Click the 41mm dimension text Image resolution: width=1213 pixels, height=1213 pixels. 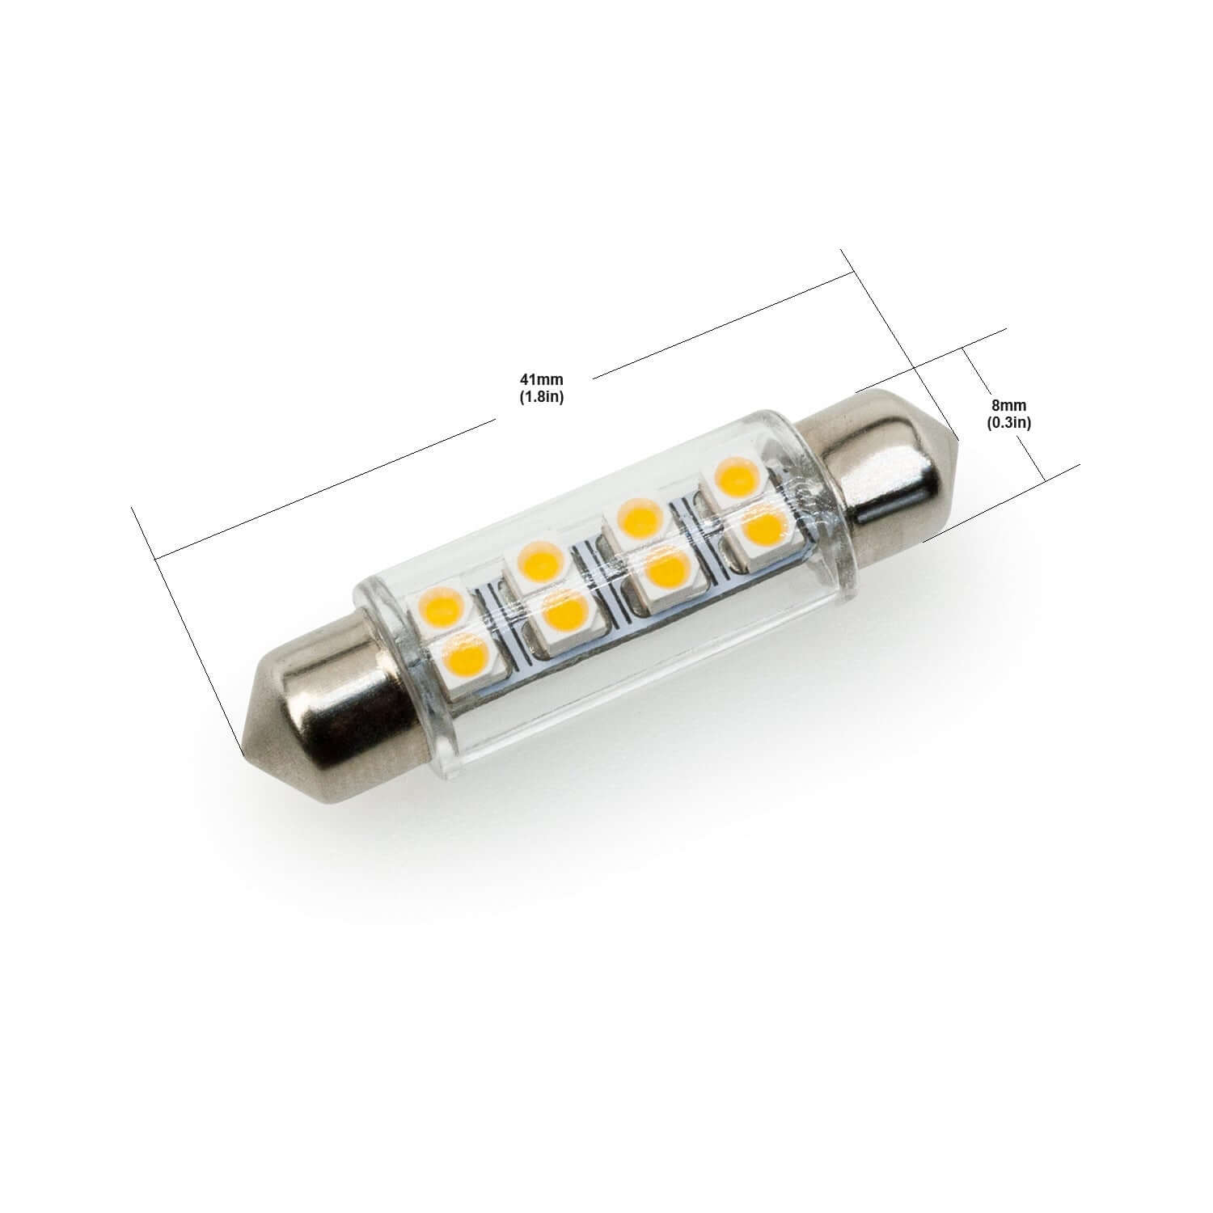pos(542,379)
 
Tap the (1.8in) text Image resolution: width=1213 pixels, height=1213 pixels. pos(542,396)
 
